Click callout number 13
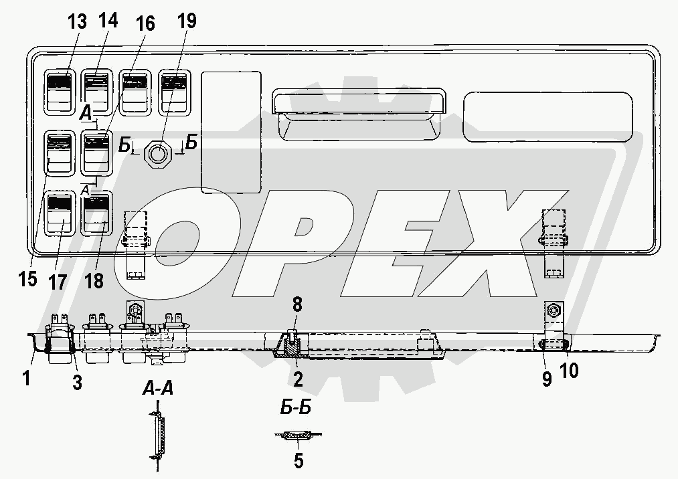(77, 21)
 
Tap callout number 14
(107, 20)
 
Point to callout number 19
(186, 21)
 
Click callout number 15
(27, 278)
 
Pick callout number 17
(57, 282)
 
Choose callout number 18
(94, 280)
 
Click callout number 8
(297, 305)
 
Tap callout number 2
(298, 379)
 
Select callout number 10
(569, 370)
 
